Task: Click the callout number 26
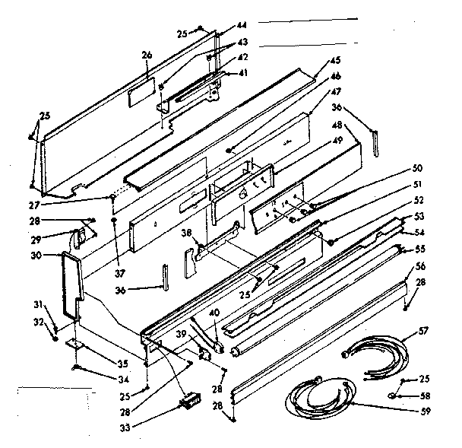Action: tap(147, 55)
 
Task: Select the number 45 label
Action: tap(335, 61)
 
